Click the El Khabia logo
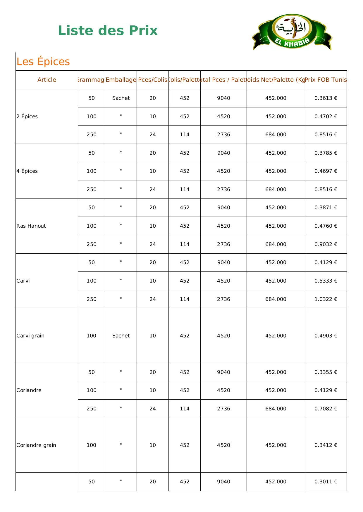click(292, 32)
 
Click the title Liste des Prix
click(108, 31)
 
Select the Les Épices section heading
click(43, 62)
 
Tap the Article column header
click(47, 80)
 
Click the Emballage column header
click(121, 80)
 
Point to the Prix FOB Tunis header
click(326, 80)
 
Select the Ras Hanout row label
click(31, 226)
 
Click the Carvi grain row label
click(30, 336)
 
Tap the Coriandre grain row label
click(36, 445)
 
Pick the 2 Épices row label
click(27, 116)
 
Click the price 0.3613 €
click(326, 98)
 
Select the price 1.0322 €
click(326, 299)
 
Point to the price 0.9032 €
click(326, 244)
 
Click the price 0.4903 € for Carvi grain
click(326, 336)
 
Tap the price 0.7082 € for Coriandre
click(326, 409)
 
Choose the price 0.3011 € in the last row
click(326, 482)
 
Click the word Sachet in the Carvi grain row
click(121, 336)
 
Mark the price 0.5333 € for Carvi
click(326, 281)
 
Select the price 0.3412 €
click(326, 445)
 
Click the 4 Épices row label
click(27, 171)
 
